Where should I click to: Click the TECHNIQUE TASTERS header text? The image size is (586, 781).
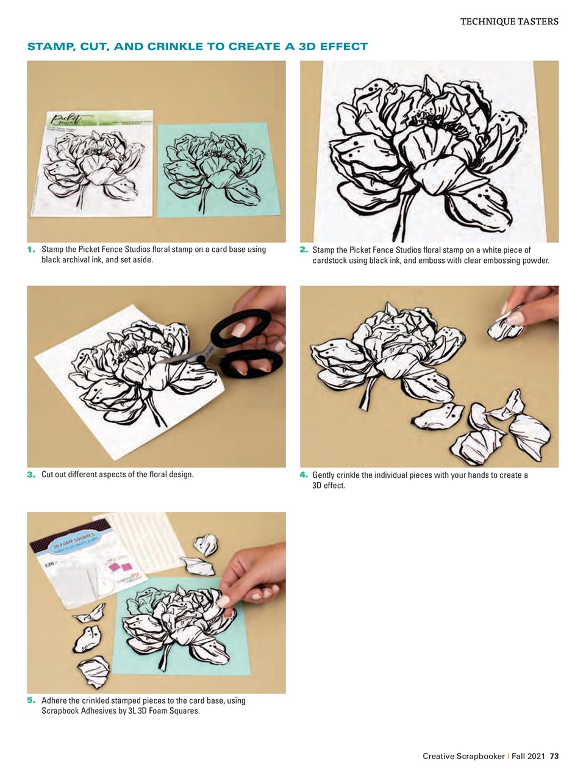[509, 21]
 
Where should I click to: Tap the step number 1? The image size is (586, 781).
[30, 250]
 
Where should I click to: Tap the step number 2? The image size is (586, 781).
[303, 250]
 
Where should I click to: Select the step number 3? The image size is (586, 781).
[30, 475]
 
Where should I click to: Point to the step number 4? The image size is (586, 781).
[303, 475]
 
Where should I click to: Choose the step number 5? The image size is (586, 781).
[30, 700]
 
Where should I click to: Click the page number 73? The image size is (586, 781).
[554, 756]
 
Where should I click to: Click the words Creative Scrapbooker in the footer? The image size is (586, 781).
[463, 756]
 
